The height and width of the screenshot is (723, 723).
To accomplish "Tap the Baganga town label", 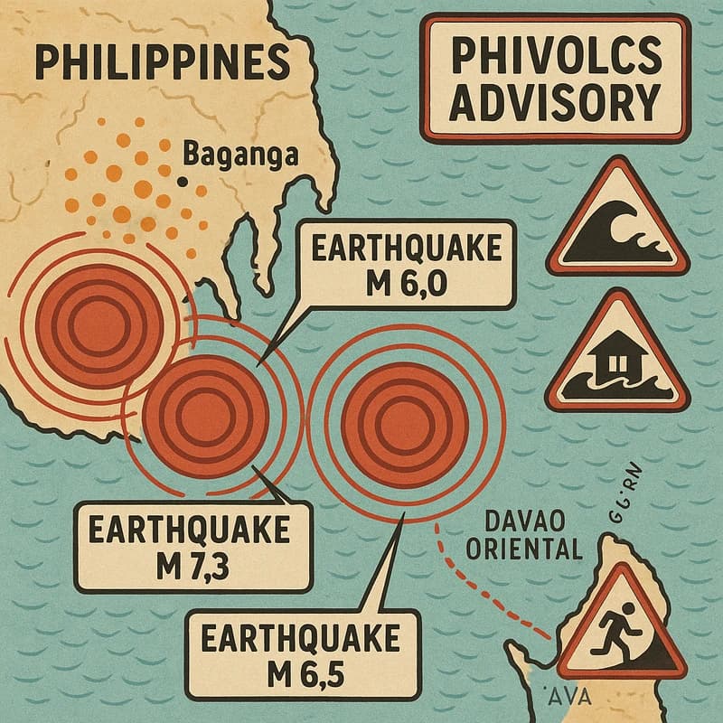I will click(x=240, y=154).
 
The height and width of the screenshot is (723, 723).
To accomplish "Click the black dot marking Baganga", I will click(x=183, y=182).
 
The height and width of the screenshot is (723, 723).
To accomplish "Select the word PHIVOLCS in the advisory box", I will click(x=555, y=61).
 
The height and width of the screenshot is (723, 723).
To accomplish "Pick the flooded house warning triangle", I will click(x=618, y=355).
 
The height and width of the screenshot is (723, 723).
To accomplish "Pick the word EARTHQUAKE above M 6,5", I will click(x=305, y=637).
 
